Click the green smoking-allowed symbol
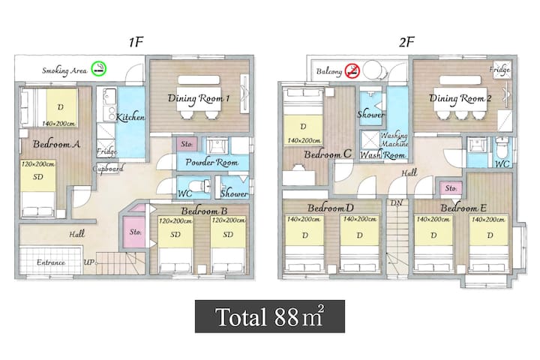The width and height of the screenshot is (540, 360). (x=99, y=69)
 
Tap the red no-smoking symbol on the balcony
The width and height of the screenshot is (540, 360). (x=352, y=70)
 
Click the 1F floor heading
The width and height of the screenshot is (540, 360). (x=136, y=42)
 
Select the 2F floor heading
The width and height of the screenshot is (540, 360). (x=406, y=42)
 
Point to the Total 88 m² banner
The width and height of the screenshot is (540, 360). (x=270, y=316)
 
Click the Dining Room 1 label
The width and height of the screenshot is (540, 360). (x=198, y=98)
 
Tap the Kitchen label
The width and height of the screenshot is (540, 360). (x=130, y=117)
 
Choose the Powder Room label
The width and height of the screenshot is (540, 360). (x=211, y=162)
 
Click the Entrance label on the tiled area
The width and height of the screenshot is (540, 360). (x=51, y=262)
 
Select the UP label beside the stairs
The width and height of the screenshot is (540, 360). (x=88, y=262)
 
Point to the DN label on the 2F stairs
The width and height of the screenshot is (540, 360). (x=397, y=203)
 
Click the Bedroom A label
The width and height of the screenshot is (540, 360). (x=56, y=144)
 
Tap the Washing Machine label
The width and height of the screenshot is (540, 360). (x=394, y=139)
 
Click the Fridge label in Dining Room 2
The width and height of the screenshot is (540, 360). (x=499, y=70)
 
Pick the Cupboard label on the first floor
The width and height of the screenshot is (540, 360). (x=108, y=169)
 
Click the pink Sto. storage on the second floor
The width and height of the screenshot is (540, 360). (x=451, y=188)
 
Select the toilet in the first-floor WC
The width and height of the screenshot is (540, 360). (x=200, y=186)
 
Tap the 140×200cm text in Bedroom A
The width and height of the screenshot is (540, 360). (x=58, y=124)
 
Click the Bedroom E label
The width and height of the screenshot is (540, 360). (x=463, y=208)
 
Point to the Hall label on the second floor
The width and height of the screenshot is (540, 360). (x=409, y=172)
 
